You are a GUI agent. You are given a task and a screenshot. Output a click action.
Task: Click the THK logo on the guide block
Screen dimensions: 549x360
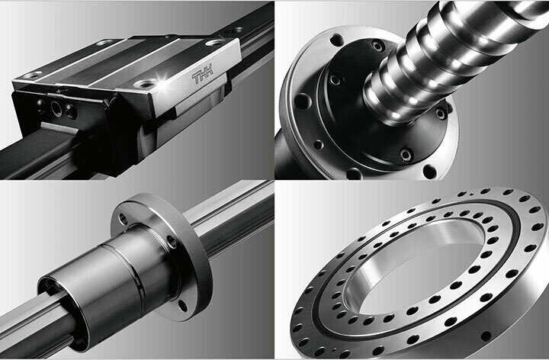click(x=202, y=74)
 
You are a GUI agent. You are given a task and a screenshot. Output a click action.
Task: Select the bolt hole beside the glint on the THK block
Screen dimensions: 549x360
click(x=145, y=84)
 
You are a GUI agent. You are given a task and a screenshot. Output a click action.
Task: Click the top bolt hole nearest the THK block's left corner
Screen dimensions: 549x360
click(x=33, y=75)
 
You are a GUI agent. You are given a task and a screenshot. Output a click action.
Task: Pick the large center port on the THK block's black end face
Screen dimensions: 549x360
click(x=56, y=108)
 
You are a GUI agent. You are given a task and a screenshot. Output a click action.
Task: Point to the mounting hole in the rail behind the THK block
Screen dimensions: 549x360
click(x=238, y=30)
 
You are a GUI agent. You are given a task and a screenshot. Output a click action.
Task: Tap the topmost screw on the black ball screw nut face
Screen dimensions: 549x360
click(x=378, y=46)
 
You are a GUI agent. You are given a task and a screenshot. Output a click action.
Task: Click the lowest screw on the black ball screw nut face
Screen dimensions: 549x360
click(x=406, y=154)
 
